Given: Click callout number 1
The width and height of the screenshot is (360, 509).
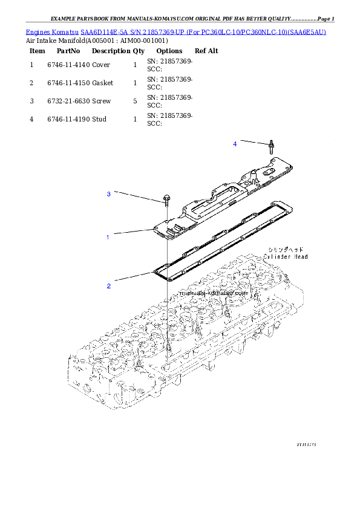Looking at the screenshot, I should (x=108, y=238).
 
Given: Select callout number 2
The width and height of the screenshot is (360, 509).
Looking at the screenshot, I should (x=109, y=287).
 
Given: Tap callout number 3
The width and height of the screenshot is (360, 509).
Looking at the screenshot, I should (x=109, y=194).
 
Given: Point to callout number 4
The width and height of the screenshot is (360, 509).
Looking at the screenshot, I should (x=235, y=144).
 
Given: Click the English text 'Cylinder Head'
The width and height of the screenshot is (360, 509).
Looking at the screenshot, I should (x=286, y=257).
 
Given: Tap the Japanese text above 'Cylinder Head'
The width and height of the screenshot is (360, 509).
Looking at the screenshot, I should (x=286, y=249).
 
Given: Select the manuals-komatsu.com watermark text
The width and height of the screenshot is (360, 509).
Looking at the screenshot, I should (x=214, y=292).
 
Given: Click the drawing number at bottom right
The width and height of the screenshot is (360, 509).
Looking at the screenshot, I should (x=306, y=444).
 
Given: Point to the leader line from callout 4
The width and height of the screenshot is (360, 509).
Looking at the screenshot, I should (x=252, y=143).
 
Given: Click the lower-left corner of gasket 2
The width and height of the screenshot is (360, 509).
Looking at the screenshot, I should (x=159, y=272).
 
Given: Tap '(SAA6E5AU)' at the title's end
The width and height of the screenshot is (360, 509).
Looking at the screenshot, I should (x=307, y=31).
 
